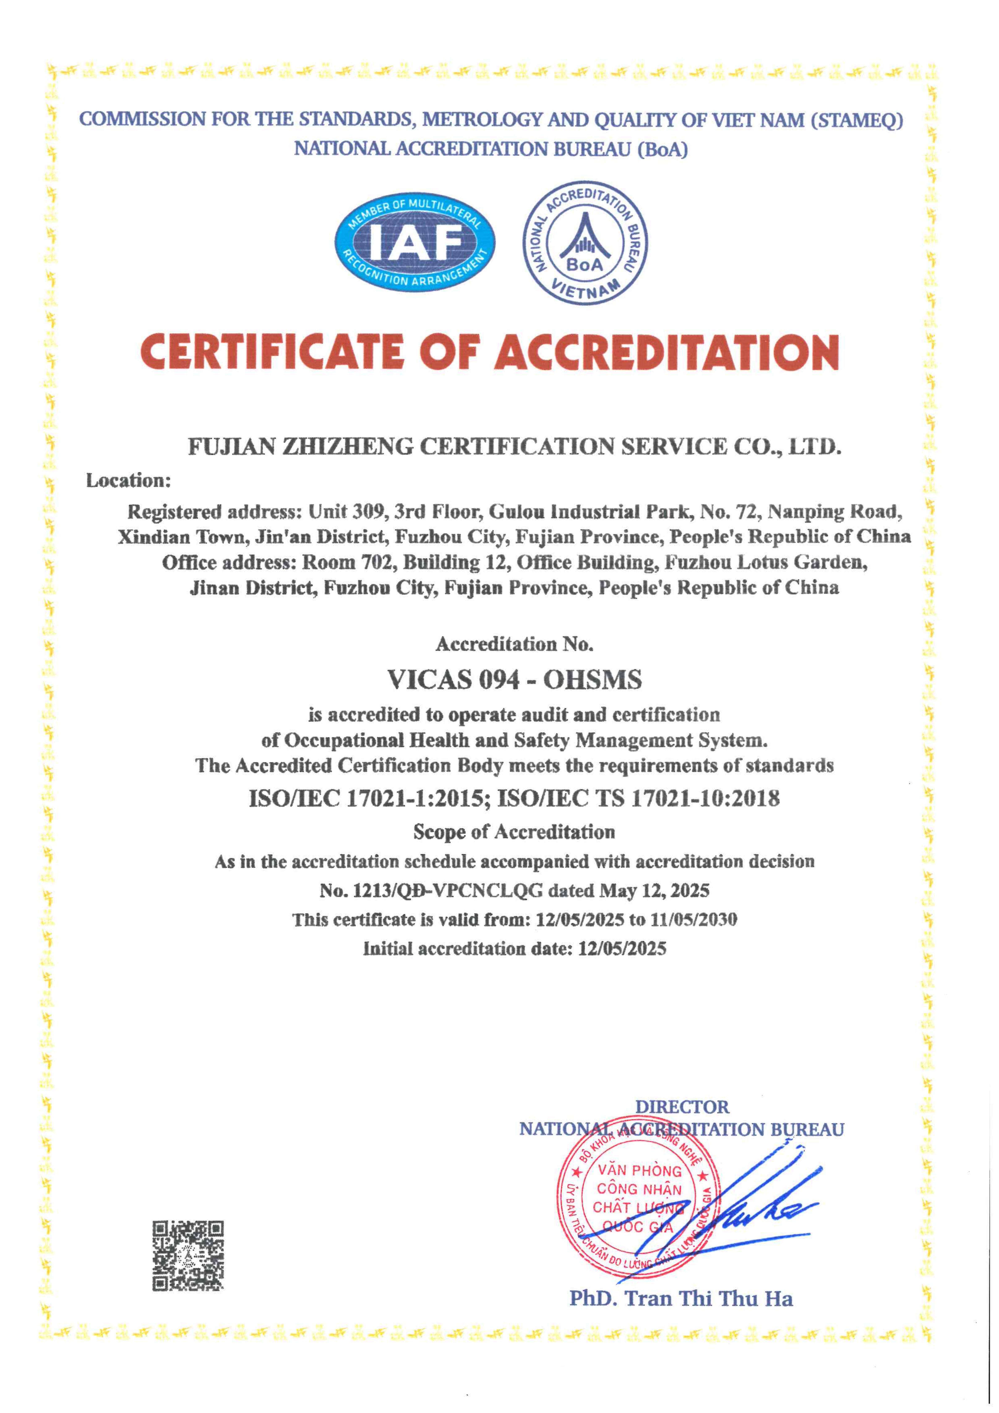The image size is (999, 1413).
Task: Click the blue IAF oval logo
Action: [415, 243]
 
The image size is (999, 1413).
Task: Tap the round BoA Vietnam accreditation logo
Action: [585, 243]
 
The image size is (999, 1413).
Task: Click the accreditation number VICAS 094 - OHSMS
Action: [514, 679]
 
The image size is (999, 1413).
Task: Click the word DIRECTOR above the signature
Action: [682, 1107]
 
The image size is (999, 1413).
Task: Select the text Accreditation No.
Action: [514, 644]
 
